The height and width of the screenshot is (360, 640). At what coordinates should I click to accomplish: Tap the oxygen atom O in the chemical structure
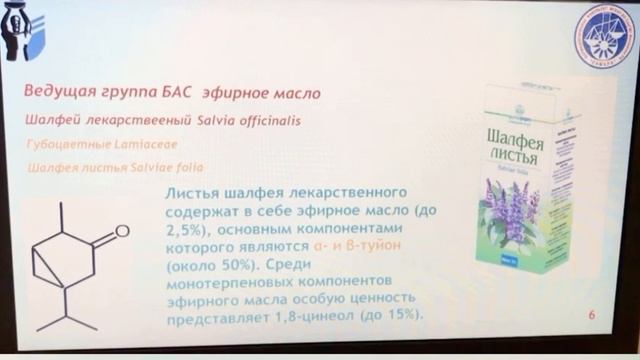tap(122, 231)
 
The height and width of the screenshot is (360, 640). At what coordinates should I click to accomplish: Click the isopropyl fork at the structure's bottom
tap(68, 311)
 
